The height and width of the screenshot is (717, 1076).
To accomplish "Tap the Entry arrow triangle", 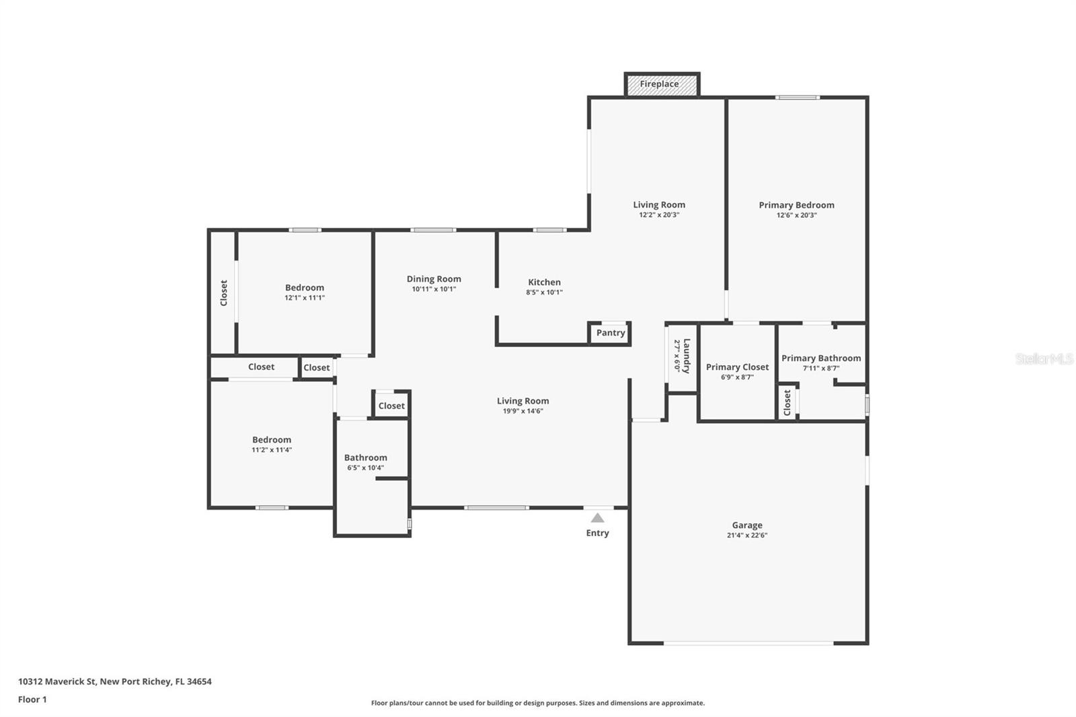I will [x=597, y=518].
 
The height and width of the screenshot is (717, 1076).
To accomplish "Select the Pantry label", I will [x=611, y=333].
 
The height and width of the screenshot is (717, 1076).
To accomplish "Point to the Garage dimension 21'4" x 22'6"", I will [x=747, y=535].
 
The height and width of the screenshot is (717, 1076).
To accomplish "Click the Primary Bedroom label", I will [x=796, y=205].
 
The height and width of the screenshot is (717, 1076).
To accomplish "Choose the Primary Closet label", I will [x=737, y=367].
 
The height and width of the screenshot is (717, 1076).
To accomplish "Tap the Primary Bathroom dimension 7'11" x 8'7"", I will [x=821, y=369].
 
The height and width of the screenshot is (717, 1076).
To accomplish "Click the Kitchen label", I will [x=544, y=282].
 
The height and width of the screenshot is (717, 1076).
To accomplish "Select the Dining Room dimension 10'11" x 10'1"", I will [x=434, y=289].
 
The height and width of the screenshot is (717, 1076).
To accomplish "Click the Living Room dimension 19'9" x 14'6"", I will [x=523, y=411].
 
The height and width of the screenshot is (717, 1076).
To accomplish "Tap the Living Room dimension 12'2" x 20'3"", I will [x=659, y=215].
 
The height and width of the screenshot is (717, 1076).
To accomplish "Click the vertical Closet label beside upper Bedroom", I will [x=224, y=293].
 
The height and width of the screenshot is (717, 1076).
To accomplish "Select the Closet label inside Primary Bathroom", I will [x=787, y=403].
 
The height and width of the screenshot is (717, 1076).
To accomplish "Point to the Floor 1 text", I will [x=32, y=700].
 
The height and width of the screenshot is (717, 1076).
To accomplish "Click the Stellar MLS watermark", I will [x=1044, y=359].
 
